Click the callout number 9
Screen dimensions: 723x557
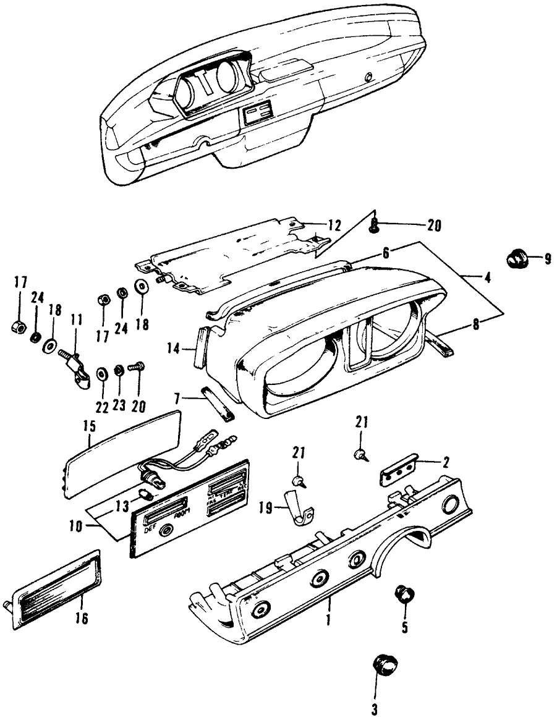click(548, 260)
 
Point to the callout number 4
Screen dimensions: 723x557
click(488, 278)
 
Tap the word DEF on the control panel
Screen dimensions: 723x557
click(150, 530)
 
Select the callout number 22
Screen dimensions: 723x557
click(102, 408)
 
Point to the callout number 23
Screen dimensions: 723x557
click(119, 408)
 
